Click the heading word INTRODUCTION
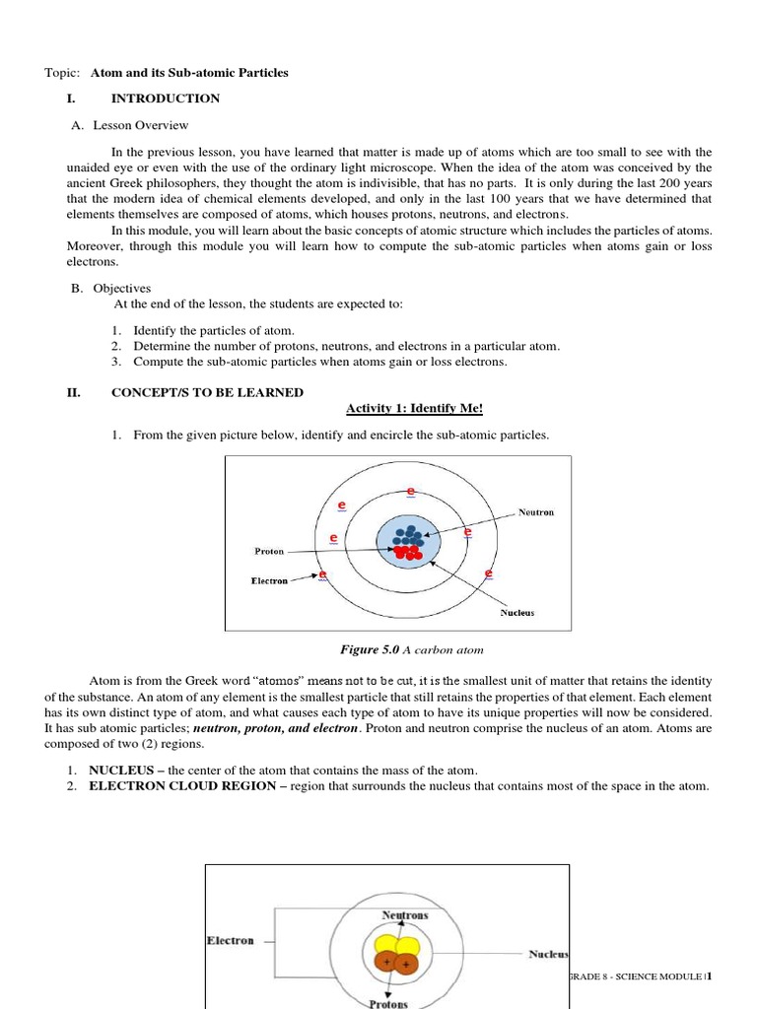click(x=166, y=99)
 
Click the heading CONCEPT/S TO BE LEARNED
click(x=207, y=392)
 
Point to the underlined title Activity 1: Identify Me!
click(x=415, y=409)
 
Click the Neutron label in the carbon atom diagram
click(x=536, y=512)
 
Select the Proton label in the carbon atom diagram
click(x=269, y=551)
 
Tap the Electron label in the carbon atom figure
click(x=269, y=580)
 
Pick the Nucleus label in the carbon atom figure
click(x=516, y=612)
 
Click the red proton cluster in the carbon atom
click(x=405, y=552)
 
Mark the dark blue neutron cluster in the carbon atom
click(x=407, y=535)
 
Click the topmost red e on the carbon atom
click(x=410, y=491)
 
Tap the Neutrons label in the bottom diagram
click(x=405, y=915)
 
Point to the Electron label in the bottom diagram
click(x=230, y=940)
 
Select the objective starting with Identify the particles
click(x=214, y=330)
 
